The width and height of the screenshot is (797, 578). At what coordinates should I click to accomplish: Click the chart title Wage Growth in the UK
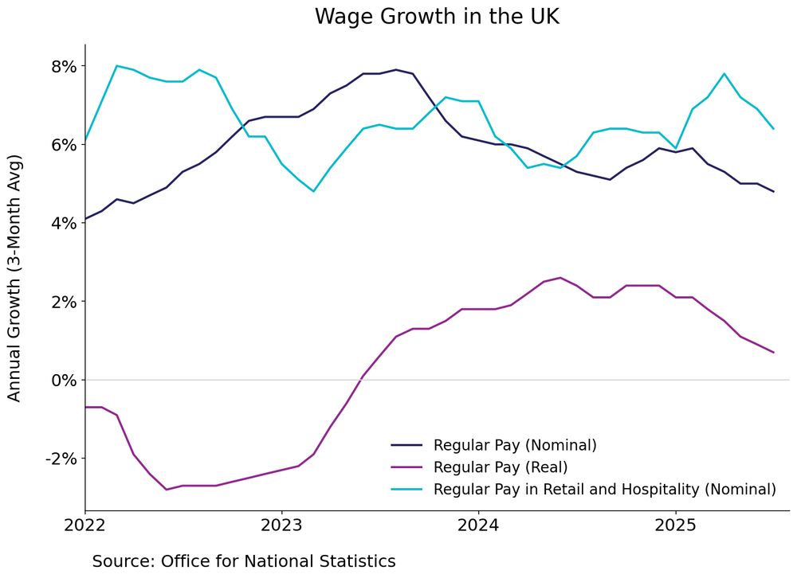point(437,17)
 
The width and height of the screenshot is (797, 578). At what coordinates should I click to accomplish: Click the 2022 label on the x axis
point(85,526)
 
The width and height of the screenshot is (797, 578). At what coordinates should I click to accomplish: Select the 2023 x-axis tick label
point(281,526)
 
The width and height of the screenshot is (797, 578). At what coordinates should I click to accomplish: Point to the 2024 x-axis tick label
point(478,526)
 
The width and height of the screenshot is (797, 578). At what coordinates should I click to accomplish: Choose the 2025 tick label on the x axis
point(675,526)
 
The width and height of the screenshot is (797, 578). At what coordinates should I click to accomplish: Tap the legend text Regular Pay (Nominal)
point(515,444)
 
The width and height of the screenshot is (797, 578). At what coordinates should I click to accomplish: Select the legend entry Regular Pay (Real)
point(501,467)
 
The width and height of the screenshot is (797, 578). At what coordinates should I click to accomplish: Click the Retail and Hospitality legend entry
point(604,489)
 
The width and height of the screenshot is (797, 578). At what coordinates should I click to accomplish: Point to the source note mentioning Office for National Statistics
point(244,560)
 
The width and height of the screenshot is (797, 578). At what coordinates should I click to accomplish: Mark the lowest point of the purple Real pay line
point(166,489)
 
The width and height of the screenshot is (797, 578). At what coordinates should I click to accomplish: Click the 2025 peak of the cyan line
point(724,74)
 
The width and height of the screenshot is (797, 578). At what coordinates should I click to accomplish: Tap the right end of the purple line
point(773,352)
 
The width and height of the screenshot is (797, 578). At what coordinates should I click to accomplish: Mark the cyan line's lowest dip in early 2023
point(313,191)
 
